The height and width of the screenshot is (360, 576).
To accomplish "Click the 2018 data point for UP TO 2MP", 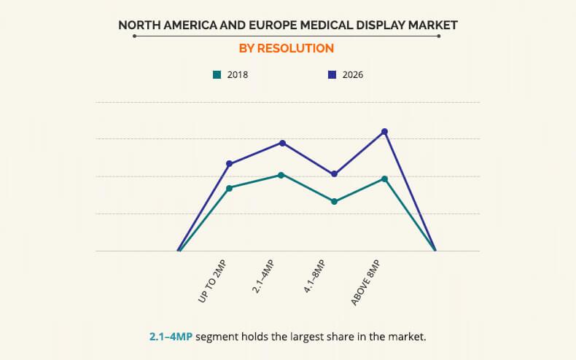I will click(229, 188).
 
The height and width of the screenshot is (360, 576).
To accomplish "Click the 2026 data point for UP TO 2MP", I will click(229, 164).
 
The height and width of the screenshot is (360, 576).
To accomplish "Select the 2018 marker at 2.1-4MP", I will click(281, 175).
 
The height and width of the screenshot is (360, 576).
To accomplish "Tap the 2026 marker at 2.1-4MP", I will click(282, 143).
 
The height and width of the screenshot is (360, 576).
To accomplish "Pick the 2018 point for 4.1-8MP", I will click(334, 202).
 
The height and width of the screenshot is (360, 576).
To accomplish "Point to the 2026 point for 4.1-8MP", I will click(334, 174).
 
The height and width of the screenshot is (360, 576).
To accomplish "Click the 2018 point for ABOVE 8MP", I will click(384, 179).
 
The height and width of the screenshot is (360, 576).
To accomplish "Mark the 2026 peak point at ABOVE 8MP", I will click(385, 132).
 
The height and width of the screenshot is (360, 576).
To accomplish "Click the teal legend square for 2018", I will click(217, 74).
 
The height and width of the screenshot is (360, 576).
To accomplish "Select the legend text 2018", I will click(238, 74).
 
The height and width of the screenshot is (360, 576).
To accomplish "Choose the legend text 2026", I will click(353, 74).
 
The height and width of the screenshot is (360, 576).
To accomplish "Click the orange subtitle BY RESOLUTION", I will click(287, 49).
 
